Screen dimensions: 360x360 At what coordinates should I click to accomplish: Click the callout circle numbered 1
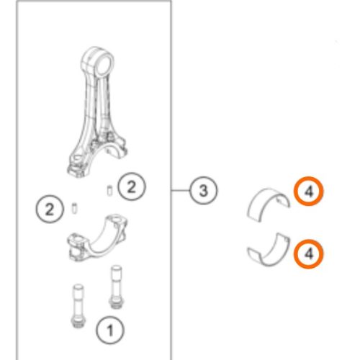110,330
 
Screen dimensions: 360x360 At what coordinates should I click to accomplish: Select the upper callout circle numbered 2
132,187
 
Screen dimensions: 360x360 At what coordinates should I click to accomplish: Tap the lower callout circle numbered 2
50,210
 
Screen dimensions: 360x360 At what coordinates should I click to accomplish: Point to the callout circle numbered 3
203,191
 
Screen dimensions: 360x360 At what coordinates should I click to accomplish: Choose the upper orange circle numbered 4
309,192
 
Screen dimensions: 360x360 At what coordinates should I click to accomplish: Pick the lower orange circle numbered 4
309,253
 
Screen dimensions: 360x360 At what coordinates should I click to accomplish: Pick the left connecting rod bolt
78,306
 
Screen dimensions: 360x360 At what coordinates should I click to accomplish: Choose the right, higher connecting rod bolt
117,287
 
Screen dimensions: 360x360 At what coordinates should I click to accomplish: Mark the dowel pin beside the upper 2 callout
109,191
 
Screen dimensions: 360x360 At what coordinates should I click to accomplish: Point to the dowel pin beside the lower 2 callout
74,208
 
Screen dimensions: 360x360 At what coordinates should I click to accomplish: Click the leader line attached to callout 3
180,191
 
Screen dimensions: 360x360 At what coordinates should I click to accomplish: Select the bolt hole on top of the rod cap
117,219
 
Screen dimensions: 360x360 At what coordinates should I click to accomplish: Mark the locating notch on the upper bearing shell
279,199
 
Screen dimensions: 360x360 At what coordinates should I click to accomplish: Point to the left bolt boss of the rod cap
77,246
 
